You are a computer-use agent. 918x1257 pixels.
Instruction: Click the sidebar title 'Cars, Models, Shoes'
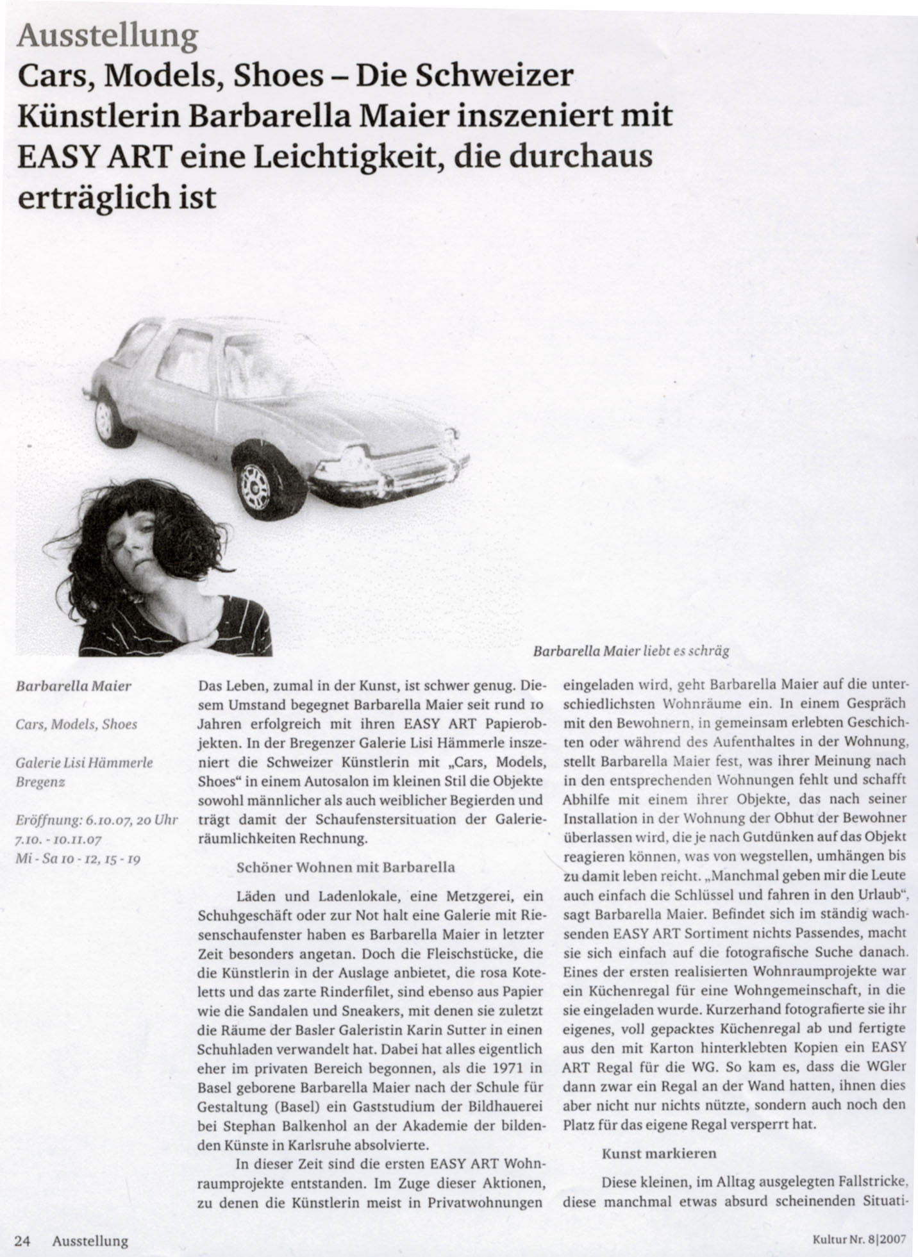click(x=76, y=724)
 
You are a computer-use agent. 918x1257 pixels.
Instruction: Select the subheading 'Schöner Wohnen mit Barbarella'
click(x=346, y=867)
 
